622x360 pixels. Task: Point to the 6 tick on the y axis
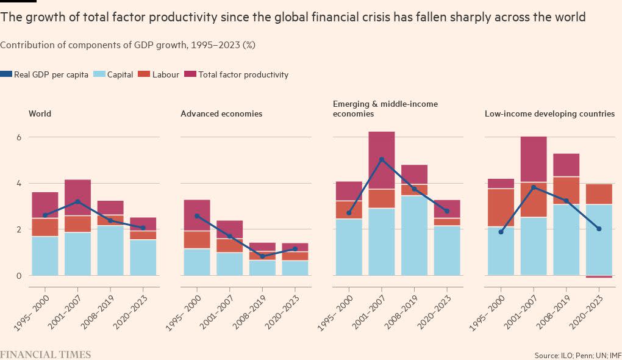click(x=18, y=137)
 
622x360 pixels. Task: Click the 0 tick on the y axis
click(x=18, y=276)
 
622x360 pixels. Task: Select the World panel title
click(x=40, y=113)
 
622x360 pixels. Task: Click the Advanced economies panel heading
click(x=221, y=113)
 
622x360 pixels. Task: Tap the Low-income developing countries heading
click(x=549, y=113)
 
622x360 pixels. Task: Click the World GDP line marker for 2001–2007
click(x=78, y=201)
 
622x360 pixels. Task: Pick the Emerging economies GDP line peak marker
click(x=382, y=160)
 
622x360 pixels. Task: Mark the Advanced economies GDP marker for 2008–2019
click(x=262, y=256)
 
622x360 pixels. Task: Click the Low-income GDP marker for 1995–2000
click(x=501, y=232)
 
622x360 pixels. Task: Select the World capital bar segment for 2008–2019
click(x=110, y=251)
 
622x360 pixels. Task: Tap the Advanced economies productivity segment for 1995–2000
click(x=197, y=215)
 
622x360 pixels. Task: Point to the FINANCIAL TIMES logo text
click(x=45, y=355)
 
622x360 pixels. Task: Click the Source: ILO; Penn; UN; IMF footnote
click(x=576, y=355)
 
